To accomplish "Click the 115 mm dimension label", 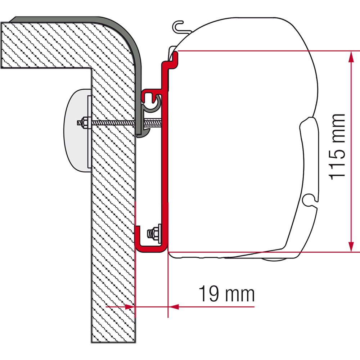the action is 337,147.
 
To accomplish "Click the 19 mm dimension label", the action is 226,294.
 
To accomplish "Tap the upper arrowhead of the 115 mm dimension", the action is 351,57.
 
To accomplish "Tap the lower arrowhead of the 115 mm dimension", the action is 351,246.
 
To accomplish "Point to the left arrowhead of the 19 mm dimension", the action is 130,306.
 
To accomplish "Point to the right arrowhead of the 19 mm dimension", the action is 174,306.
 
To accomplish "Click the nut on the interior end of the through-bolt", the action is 84,123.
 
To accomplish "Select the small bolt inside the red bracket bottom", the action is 154,233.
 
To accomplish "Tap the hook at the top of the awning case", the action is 180,28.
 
